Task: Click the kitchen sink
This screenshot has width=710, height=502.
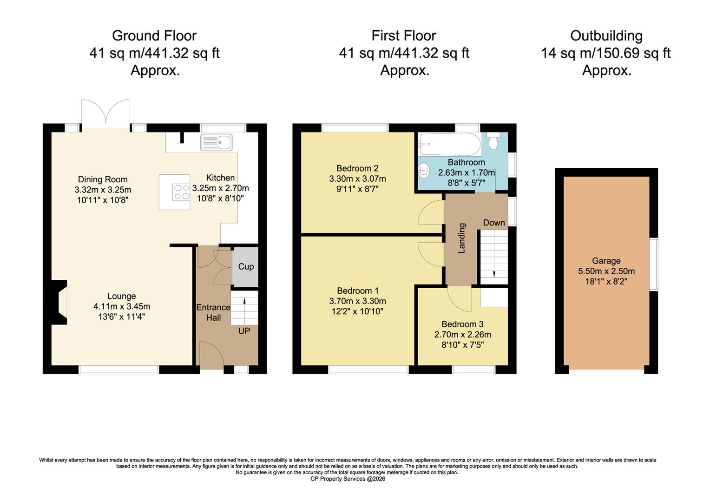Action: point(217,142)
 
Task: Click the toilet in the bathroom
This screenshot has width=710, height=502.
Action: point(493,141)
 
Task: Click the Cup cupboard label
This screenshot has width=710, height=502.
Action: point(246,267)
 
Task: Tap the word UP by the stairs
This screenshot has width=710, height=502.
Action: point(244,331)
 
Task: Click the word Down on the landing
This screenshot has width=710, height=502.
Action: point(493,223)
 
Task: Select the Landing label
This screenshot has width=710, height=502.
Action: point(462,238)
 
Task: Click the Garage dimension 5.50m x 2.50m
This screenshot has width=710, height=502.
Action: point(606,271)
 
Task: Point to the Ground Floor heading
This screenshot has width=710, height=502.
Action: point(154,36)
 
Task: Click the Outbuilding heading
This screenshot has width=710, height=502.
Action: point(606,36)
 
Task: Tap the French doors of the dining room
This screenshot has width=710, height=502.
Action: point(105,113)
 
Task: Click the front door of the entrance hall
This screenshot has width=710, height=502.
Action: point(212,354)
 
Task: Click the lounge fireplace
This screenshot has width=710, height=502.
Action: point(60,304)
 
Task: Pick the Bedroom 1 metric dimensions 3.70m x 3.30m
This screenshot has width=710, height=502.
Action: point(357,301)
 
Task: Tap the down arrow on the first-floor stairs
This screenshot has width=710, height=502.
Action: point(493,274)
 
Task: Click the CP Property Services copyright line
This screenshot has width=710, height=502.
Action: point(348,479)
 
